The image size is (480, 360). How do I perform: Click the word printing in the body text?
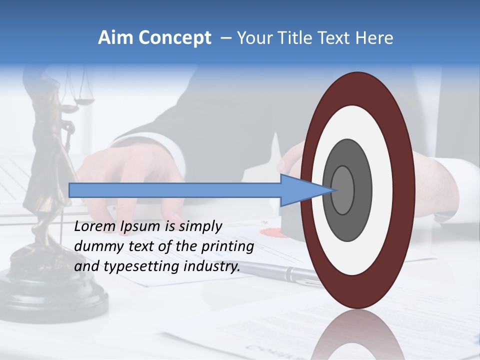point(227,246)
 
